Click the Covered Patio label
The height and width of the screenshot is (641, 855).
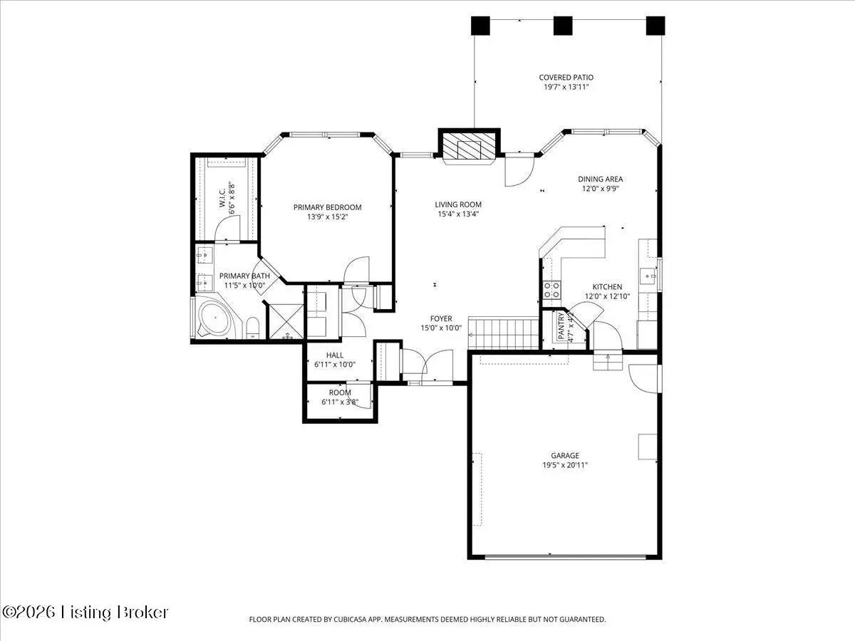tap(566, 78)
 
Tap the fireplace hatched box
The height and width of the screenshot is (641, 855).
tap(469, 149)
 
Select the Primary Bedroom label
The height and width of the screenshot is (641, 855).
tap(327, 207)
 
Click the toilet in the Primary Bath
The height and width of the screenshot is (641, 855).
tap(253, 328)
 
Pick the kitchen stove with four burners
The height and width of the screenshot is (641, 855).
tap(552, 290)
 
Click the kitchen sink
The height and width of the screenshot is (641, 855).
tap(648, 276)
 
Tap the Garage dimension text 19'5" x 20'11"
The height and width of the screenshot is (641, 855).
tap(565, 464)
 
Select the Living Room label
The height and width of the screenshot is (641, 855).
tap(458, 204)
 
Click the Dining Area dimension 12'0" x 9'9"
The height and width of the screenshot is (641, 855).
tap(600, 189)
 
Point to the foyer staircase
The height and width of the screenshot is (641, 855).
tap(503, 333)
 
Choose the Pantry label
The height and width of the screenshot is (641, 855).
tap(561, 325)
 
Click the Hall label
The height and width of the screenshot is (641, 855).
tap(335, 355)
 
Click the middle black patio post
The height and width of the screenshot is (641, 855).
tap(563, 26)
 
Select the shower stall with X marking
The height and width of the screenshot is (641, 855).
tap(286, 321)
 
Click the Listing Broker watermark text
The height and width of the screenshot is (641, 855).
tap(115, 613)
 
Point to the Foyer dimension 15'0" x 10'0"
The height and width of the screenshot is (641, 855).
tap(441, 328)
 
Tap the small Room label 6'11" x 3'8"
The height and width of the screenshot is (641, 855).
tap(340, 397)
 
